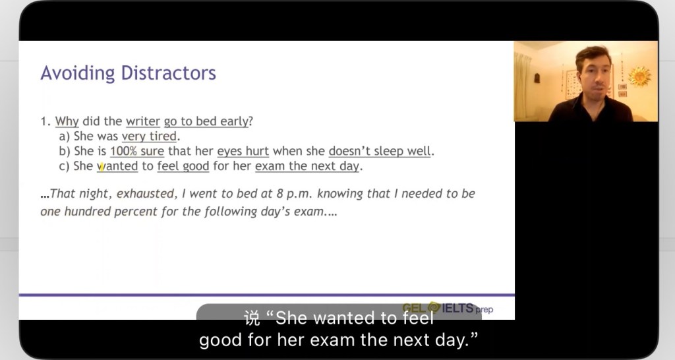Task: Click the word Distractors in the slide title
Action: (168, 73)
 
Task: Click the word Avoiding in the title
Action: (78, 73)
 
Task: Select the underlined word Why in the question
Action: (67, 121)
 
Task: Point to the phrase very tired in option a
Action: (150, 136)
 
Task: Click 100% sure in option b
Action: (137, 151)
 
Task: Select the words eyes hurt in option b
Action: (243, 152)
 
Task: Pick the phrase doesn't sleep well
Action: (379, 151)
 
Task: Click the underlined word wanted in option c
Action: (117, 166)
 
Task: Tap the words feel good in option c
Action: (183, 166)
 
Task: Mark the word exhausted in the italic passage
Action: (145, 194)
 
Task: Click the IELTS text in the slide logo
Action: (457, 308)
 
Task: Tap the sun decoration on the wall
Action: (639, 76)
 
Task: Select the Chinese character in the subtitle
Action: (252, 318)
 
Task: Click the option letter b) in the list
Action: (65, 151)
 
